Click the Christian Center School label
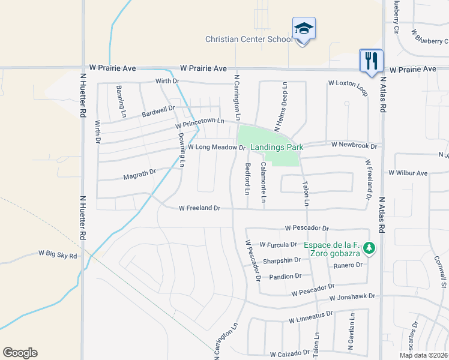coord(249,39)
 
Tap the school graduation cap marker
coord(304,29)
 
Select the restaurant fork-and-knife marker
coord(371,61)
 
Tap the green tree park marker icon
coord(371,248)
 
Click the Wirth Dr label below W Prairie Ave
coord(167,81)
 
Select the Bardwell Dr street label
coord(158,112)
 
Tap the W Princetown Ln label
coord(199,123)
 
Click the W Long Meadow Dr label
coord(217,147)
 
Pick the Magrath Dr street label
coord(139,175)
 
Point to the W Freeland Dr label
coord(200,208)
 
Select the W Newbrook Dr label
coord(354,146)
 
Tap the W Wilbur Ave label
coord(408,173)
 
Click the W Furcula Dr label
coord(278,245)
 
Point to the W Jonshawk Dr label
coord(352,296)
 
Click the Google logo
coord(20,353)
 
